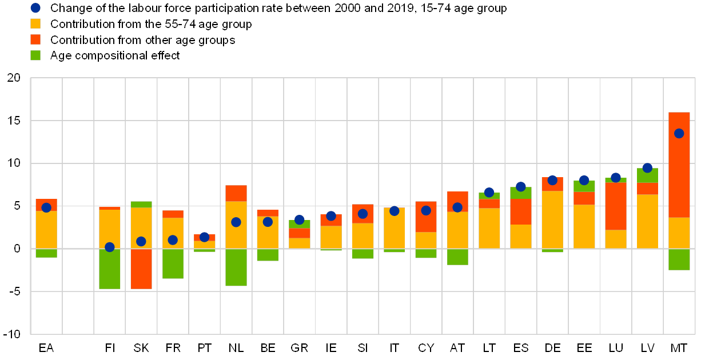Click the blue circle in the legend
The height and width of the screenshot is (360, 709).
coord(35,8)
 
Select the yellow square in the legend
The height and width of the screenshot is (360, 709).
coord(35,24)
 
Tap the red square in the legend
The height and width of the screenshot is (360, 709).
coord(35,39)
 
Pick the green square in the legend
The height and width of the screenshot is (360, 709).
coord(35,55)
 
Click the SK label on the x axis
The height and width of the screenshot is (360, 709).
coord(141,347)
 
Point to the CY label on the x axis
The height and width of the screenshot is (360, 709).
coord(426,347)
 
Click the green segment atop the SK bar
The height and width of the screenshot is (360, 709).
coord(141,204)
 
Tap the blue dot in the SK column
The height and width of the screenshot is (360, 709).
coord(141,241)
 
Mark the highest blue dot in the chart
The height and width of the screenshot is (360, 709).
coord(679,133)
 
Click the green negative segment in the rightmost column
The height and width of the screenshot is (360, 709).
coord(679,259)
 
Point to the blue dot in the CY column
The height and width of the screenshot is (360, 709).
coord(426,210)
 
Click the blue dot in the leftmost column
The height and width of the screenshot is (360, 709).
coord(46,207)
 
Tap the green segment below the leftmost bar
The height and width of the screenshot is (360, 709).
coord(46,253)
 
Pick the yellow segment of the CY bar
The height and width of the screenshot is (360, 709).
coord(426,241)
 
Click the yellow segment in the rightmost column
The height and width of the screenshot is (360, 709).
coord(679,233)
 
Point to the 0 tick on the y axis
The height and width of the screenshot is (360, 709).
coord(17,249)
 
